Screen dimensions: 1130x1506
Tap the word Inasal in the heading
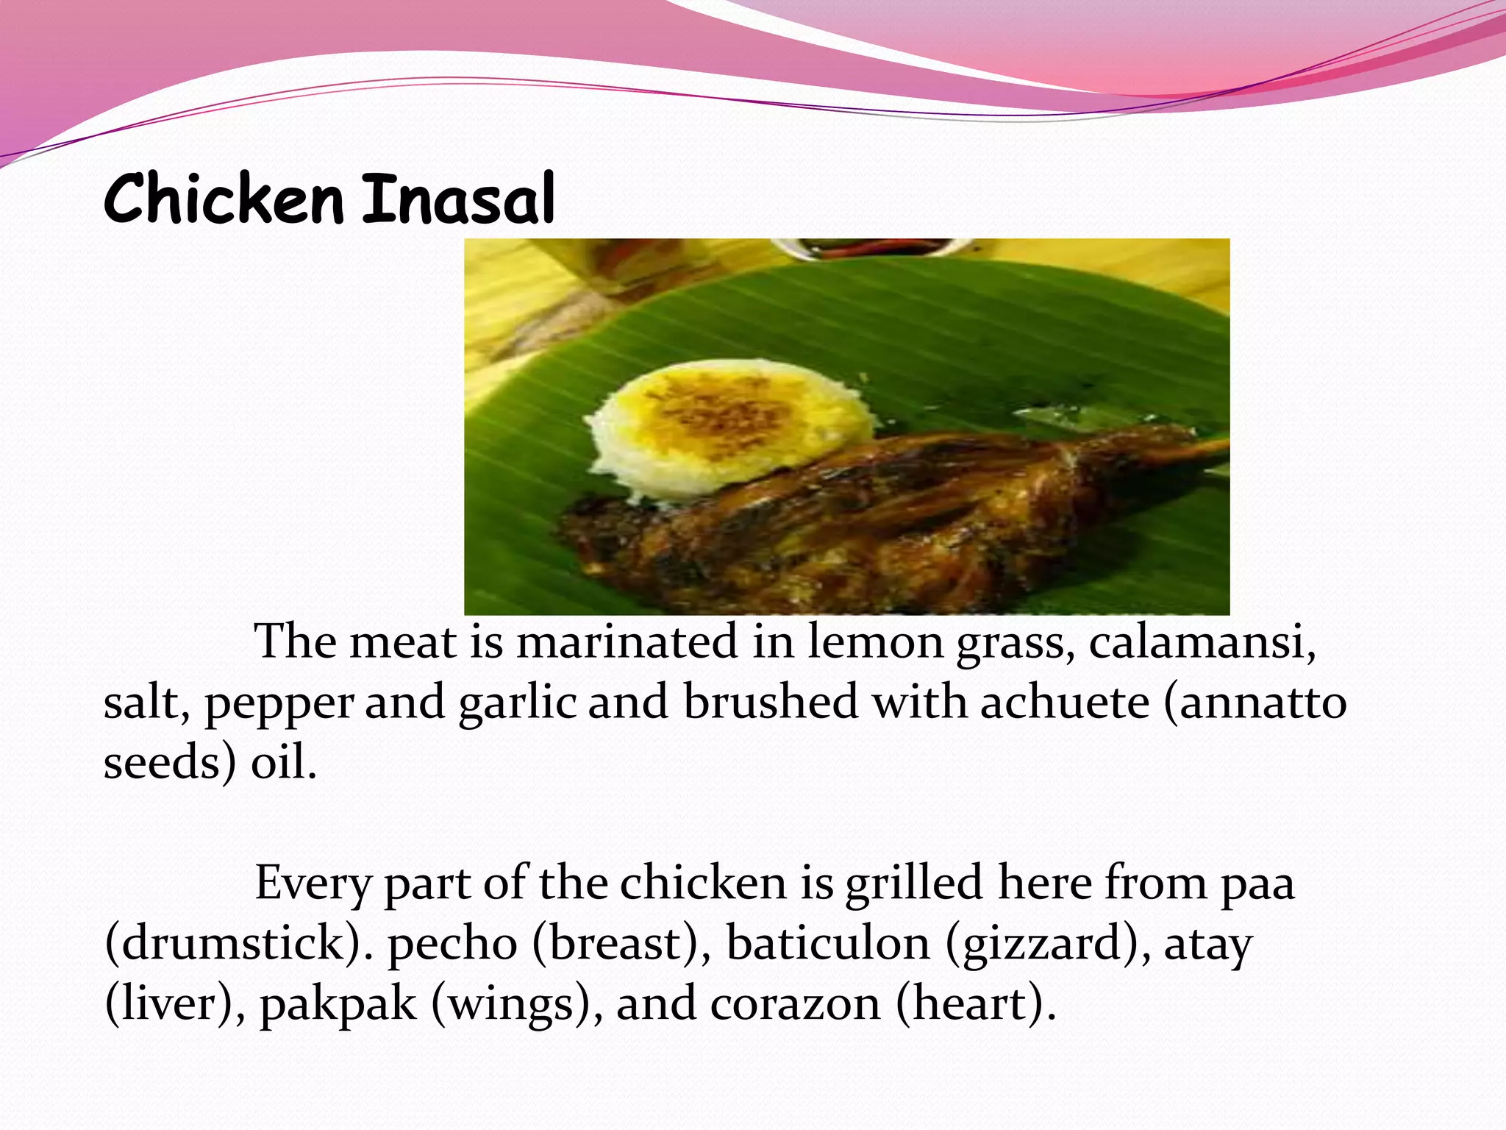click(x=458, y=199)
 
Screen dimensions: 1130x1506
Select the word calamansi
click(x=1202, y=642)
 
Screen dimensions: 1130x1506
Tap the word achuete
click(x=1064, y=702)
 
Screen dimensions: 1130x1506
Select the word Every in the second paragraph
click(x=313, y=883)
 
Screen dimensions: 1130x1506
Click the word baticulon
click(x=828, y=943)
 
